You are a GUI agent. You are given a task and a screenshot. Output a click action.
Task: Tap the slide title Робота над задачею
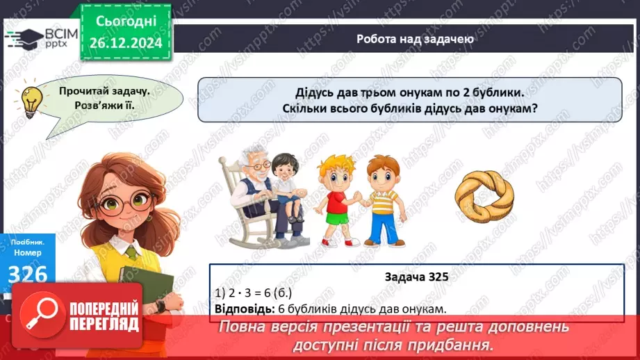pos(415,39)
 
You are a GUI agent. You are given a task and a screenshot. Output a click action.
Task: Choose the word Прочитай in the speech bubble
pos(87,91)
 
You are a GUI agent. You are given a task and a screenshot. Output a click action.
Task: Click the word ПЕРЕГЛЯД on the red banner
pos(104,325)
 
